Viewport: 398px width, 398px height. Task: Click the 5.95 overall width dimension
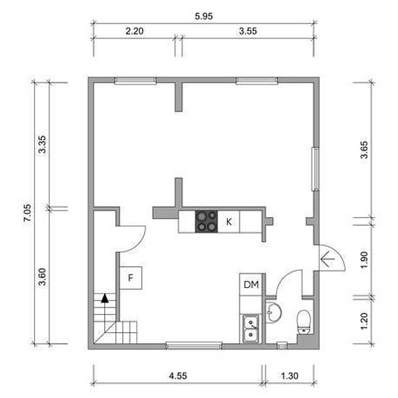point(203,16)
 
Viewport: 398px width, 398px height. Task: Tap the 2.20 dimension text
point(135,31)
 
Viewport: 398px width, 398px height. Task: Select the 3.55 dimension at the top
point(247,31)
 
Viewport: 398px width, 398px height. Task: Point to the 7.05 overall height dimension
point(27,213)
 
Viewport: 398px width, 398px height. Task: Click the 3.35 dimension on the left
point(42,144)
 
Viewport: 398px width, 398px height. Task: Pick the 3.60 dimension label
point(42,276)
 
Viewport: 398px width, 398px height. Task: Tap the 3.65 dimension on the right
point(364,150)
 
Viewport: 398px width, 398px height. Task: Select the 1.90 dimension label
point(364,260)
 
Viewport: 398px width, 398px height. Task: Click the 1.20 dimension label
point(364,321)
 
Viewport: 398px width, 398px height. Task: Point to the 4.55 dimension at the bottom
point(178,376)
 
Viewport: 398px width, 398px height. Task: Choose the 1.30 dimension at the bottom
point(289,376)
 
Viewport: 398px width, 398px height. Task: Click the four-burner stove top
point(206,221)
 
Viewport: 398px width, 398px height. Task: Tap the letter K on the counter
point(229,222)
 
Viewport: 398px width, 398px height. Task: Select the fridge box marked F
point(131,278)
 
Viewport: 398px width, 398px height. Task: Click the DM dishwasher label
point(251,284)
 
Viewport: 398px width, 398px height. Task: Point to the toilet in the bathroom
point(304,322)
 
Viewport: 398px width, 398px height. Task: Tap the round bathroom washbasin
point(274,313)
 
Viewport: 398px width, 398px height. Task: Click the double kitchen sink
point(251,329)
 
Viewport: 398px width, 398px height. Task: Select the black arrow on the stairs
point(105,298)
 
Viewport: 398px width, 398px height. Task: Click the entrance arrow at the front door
point(328,259)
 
